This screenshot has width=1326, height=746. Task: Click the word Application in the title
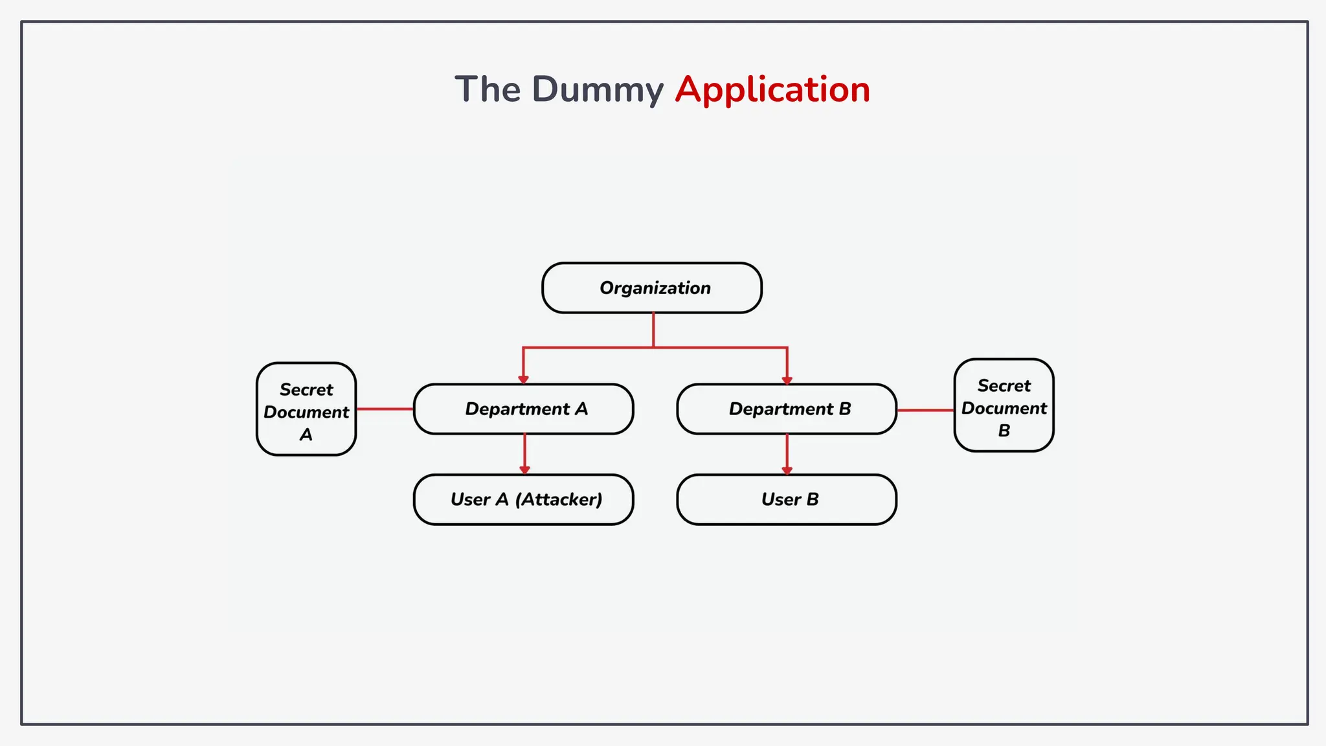click(x=772, y=89)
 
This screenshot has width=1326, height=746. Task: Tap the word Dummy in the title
click(x=597, y=89)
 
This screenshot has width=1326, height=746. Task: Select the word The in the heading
click(x=488, y=89)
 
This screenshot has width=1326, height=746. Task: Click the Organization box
click(x=652, y=288)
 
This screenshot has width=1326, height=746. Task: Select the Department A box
click(x=523, y=409)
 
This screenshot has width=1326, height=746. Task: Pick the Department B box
click(x=787, y=409)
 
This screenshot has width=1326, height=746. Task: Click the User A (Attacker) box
click(x=523, y=500)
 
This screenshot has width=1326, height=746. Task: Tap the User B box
click(x=787, y=500)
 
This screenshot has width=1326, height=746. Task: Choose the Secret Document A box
click(x=306, y=409)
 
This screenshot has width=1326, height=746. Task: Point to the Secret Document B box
click(x=1004, y=405)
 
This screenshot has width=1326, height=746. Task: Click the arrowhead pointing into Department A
click(x=523, y=379)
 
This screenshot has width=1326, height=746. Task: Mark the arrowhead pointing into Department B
click(x=787, y=379)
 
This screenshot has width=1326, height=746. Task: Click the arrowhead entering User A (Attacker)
click(x=524, y=469)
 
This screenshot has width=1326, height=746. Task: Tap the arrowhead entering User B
click(x=787, y=469)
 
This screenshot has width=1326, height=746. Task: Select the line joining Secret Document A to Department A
click(x=385, y=409)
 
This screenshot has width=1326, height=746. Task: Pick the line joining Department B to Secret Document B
click(x=925, y=410)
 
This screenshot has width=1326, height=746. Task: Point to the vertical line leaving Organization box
click(x=653, y=330)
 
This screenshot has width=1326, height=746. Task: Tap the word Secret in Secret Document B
click(x=1004, y=386)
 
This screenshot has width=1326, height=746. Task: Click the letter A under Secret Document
click(x=306, y=435)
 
